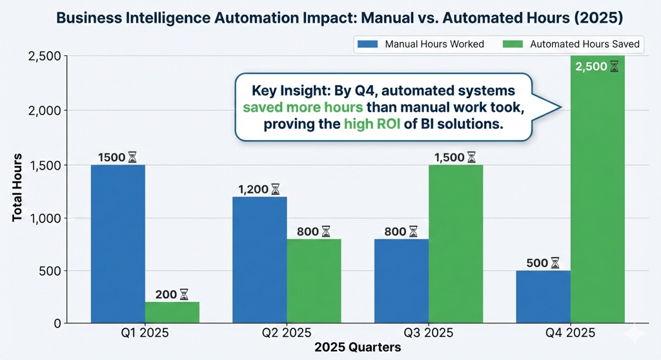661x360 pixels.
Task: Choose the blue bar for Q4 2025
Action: pyautogui.click(x=544, y=296)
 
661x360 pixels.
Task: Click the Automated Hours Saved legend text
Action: pyautogui.click(x=584, y=45)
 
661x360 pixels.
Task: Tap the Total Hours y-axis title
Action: pyautogui.click(x=18, y=187)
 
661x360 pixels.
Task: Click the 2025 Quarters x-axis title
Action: pyautogui.click(x=358, y=347)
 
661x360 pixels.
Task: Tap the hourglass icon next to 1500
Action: pyautogui.click(x=132, y=157)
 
